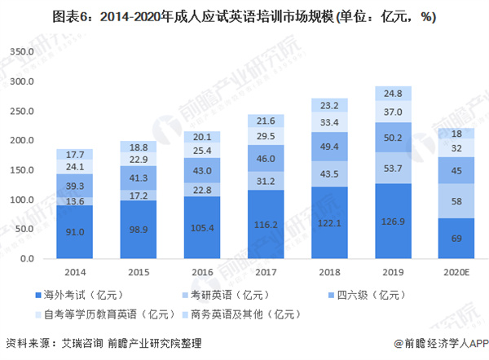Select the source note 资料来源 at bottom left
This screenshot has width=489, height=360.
(98, 344)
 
